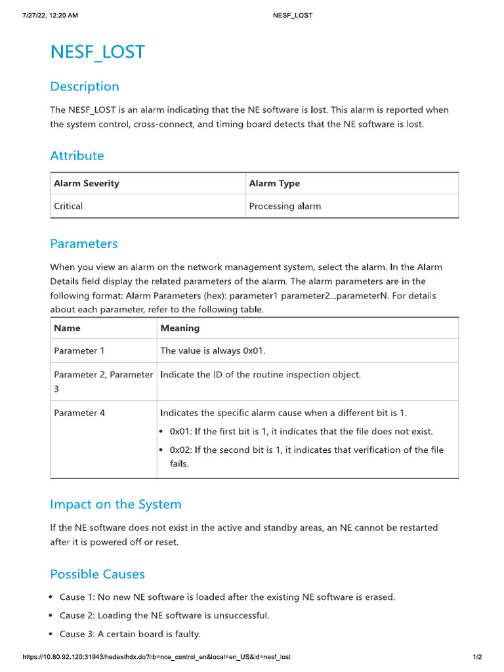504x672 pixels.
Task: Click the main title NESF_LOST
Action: pos(97,52)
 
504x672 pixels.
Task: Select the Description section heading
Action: pos(85,87)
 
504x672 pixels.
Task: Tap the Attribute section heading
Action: pos(77,156)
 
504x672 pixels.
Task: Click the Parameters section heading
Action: pos(84,243)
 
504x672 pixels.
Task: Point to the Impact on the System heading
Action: pos(115,504)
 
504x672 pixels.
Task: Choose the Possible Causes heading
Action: pos(97,574)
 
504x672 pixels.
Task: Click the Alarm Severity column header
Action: pos(87,184)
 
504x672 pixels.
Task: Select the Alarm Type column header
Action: pos(274,184)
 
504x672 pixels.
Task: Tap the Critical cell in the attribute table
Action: pos(68,206)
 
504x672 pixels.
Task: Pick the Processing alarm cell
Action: pos(285,206)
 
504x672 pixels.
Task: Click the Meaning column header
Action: pos(180,327)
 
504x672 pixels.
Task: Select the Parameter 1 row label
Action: pos(79,350)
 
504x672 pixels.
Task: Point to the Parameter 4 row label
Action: pos(79,413)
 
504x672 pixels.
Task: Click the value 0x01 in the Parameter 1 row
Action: pos(253,350)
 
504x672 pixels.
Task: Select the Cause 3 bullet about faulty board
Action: pos(130,634)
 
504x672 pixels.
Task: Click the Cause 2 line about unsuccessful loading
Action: pos(164,616)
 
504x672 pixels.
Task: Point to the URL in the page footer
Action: pos(156,657)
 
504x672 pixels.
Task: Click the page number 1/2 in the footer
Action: pos(477,657)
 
